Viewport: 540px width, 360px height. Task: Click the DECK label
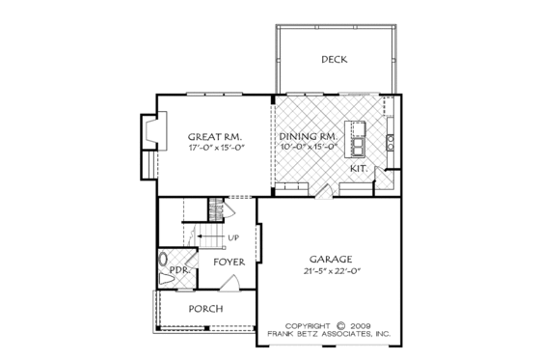tap(335, 60)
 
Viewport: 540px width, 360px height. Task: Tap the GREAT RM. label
tap(214, 137)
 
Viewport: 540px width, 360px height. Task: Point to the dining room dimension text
tap(309, 148)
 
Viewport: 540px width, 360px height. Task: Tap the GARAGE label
tap(330, 260)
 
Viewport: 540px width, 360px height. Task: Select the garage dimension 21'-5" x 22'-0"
tap(330, 271)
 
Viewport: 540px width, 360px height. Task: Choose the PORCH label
tap(206, 309)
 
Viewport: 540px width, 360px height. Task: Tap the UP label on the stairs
tap(233, 237)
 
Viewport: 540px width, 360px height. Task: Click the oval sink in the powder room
tap(162, 260)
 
